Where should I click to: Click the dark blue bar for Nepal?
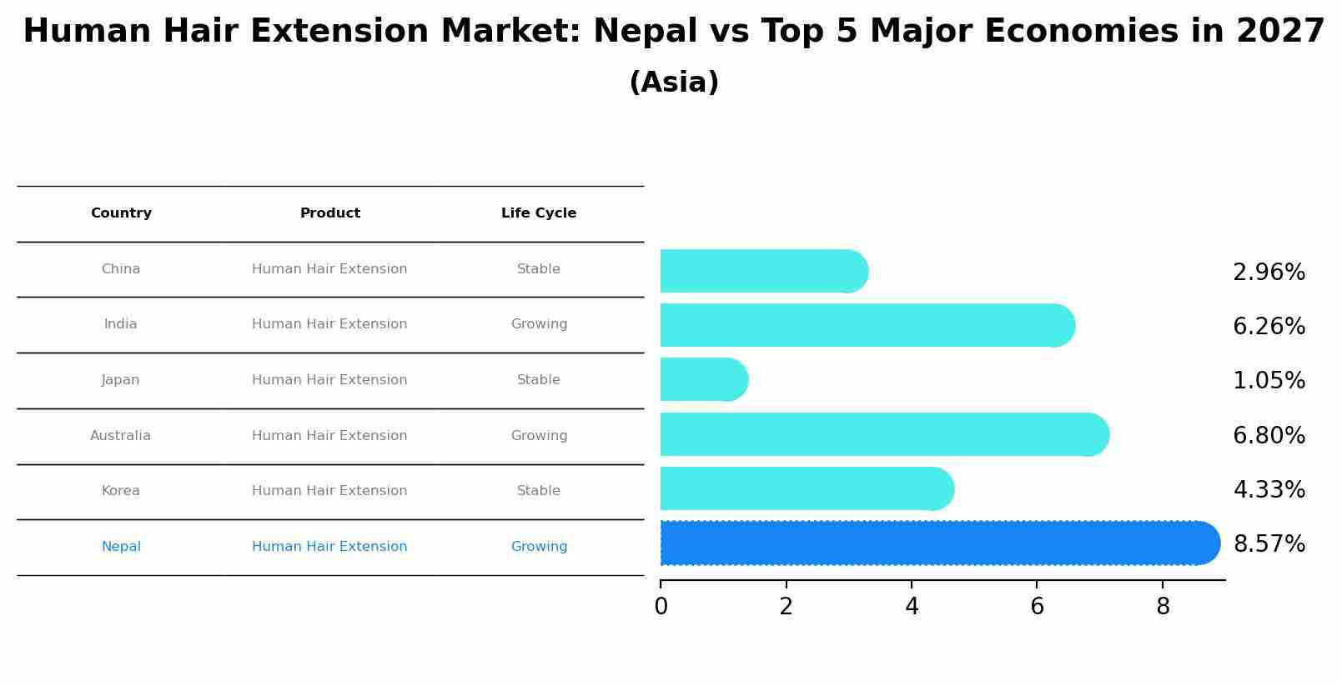(x=934, y=543)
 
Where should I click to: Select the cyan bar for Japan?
(x=701, y=380)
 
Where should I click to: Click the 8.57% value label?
(x=1269, y=544)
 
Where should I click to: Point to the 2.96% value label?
(x=1269, y=273)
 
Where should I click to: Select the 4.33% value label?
(x=1269, y=490)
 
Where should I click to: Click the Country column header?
(x=121, y=213)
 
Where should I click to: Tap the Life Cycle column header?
(x=539, y=213)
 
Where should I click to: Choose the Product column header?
(x=330, y=213)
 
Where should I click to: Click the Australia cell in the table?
(x=121, y=436)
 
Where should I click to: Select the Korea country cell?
(x=121, y=491)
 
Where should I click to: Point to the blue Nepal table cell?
(x=121, y=547)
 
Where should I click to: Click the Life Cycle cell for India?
(x=539, y=324)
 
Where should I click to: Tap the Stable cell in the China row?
(x=539, y=269)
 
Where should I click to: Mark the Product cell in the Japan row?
(x=329, y=380)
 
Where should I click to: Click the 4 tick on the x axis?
(x=912, y=607)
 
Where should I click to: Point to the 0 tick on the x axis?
(x=661, y=607)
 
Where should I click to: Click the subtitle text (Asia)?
(x=674, y=83)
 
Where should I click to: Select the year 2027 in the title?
(x=1280, y=32)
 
